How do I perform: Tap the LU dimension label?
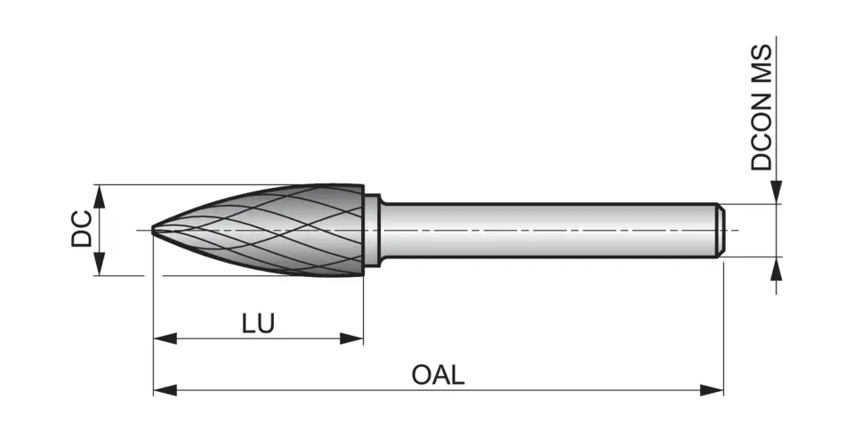[258, 322]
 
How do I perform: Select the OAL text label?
[438, 374]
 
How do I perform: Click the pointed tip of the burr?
[155, 230]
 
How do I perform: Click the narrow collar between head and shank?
[373, 230]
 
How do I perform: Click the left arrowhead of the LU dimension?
[164, 338]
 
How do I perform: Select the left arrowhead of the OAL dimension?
[164, 389]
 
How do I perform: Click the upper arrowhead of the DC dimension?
[100, 195]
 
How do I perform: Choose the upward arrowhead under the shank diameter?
[777, 268]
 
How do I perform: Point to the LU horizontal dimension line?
[213, 338]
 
